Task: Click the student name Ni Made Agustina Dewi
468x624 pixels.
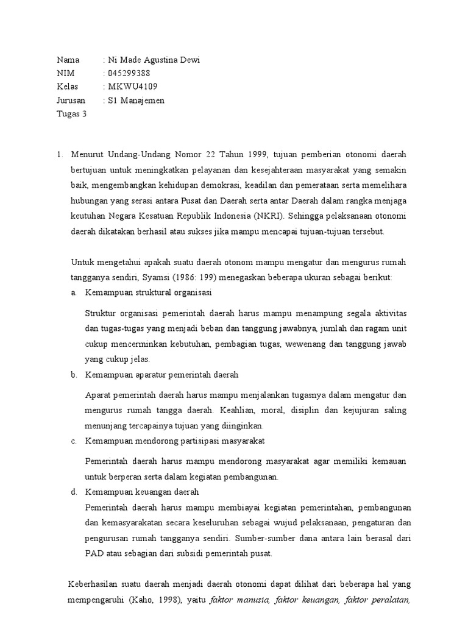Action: pos(153,60)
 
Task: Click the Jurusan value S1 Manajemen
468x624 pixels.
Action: pos(136,100)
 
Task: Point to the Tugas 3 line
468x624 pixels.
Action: pos(71,113)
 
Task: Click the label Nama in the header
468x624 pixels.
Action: pos(68,60)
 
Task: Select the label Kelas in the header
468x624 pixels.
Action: pos(68,87)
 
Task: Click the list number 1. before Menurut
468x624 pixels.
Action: pos(60,154)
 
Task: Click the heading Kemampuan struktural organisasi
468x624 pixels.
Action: pos(148,292)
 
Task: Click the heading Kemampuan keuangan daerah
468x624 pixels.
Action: pos(143,491)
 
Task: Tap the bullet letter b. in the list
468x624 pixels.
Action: pos(74,374)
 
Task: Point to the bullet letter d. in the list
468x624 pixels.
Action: pos(74,491)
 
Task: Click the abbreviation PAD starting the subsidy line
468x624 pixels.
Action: pos(94,553)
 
